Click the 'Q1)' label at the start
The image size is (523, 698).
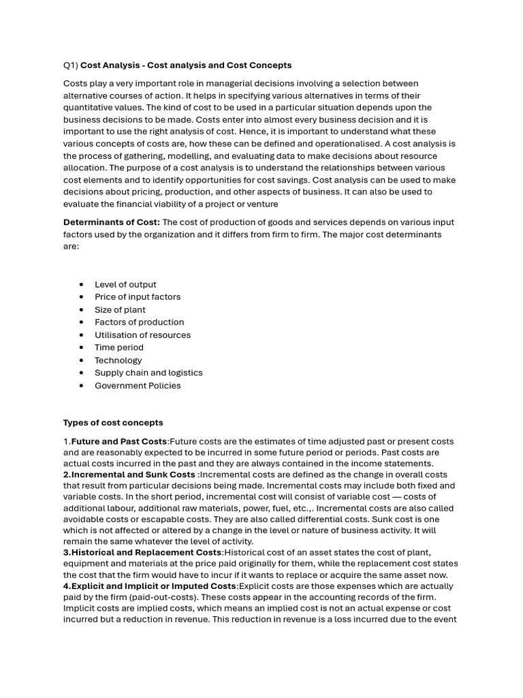[71, 65]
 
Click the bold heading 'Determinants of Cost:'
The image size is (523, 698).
[112, 222]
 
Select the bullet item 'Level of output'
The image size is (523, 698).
[125, 284]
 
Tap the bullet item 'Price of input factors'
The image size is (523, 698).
[138, 297]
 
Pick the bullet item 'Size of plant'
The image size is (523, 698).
[120, 309]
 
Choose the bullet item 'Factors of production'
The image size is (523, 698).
[139, 322]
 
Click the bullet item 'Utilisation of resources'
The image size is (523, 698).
[142, 335]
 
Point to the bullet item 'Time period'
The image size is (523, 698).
[119, 348]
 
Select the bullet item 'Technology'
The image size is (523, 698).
[118, 360]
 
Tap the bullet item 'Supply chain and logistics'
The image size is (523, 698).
[148, 373]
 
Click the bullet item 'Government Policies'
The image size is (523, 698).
[138, 386]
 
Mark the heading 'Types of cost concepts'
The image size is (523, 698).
[113, 423]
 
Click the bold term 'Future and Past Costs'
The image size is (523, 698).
[119, 442]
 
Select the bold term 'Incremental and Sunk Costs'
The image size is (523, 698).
[133, 474]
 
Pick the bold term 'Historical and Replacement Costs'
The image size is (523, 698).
[146, 552]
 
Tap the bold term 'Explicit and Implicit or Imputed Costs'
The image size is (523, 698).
[153, 586]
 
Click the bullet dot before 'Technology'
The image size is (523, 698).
[81, 360]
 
